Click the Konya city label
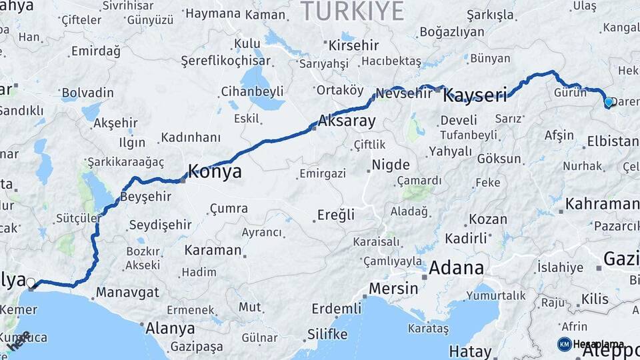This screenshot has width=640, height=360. pos(215,171)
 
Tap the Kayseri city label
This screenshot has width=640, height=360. pos(475,95)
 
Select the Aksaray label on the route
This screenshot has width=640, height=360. pos(347,122)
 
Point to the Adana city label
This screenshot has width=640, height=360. pos(457,269)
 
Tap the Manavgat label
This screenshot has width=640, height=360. pos(127,292)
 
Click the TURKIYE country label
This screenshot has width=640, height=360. pos(353,11)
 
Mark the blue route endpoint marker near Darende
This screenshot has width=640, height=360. pos(608,102)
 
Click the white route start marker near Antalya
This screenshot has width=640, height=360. pos(31,283)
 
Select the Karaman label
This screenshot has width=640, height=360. pos(212,251)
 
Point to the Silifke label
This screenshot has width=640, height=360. pos(327,334)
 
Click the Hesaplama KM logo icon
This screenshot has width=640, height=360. pos(564,344)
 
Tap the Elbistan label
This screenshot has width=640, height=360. pos(613,141)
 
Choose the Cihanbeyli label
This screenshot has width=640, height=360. pos(253,91)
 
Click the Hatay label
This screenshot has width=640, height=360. pos(470,351)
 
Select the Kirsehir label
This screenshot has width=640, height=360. pos(354,46)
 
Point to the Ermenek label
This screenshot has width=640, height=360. pos(191,310)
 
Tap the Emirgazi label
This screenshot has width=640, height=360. pos(323,173)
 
